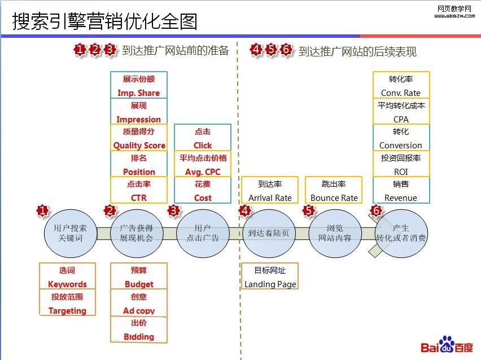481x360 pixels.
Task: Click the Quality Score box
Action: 139,138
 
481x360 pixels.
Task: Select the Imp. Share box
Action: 139,86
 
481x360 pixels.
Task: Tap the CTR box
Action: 139,191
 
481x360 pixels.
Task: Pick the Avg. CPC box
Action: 203,165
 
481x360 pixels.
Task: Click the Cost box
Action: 203,191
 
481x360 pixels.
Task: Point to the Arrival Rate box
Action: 270,191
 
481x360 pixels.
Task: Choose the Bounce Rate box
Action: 334,191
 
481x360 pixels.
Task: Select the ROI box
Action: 401,165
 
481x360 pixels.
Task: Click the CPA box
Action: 401,112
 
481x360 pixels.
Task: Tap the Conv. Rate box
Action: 401,86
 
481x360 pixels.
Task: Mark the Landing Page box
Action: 270,277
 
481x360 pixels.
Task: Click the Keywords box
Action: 67,277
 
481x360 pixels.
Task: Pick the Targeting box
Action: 67,303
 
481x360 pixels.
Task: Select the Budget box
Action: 139,277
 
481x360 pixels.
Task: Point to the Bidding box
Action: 139,330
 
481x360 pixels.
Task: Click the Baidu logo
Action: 447,346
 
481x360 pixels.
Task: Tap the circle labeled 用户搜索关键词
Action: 71,233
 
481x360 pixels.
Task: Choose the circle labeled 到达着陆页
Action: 269,233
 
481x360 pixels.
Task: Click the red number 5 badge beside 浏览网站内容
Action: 308,210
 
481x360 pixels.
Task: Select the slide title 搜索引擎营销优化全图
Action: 105,21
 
